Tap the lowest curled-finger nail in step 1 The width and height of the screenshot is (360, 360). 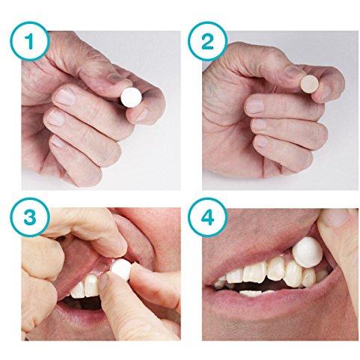pos(59,140)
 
